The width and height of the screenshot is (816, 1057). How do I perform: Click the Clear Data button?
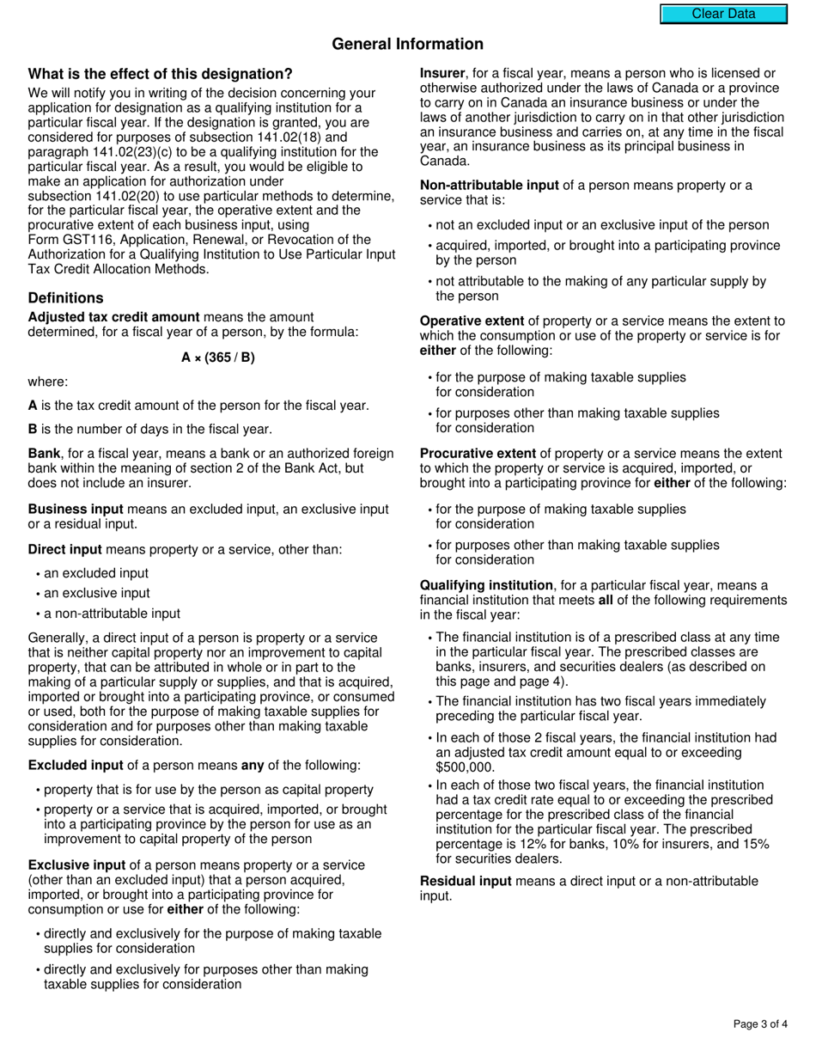723,14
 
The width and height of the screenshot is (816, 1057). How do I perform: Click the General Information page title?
407,44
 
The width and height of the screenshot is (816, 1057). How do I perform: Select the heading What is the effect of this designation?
160,74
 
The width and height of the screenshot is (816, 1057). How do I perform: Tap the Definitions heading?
65,298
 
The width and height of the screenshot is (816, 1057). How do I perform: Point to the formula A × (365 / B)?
218,357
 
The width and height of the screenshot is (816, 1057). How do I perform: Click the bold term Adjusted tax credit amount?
113,317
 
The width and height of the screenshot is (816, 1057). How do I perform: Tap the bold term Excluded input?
76,766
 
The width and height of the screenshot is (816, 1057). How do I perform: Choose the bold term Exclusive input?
79,865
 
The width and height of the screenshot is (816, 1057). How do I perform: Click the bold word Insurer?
442,74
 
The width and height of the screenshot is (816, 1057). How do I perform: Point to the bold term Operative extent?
472,321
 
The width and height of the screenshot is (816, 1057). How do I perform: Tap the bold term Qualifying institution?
486,586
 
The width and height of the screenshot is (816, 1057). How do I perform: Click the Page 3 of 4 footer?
760,1023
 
